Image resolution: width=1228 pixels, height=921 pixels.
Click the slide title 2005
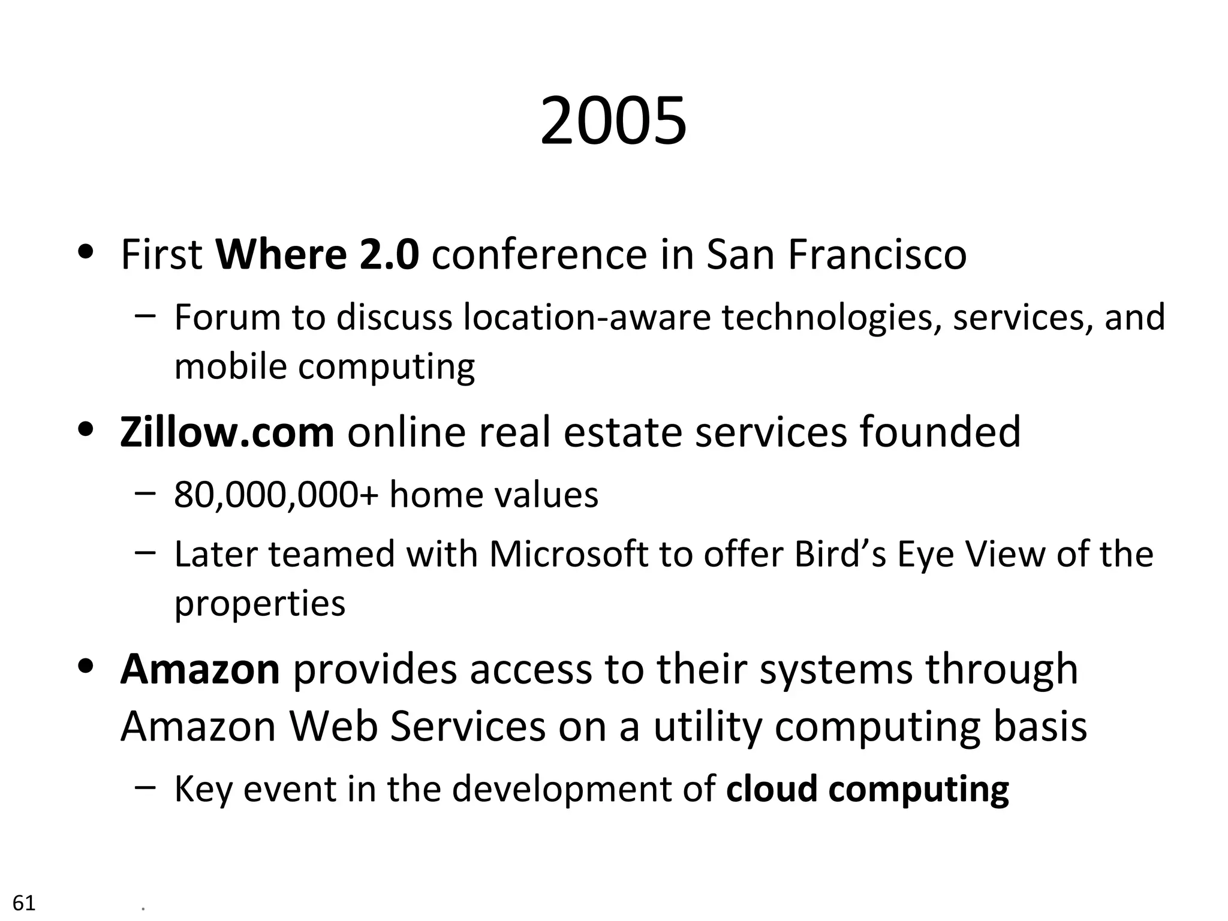click(613, 122)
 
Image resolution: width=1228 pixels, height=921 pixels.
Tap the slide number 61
click(24, 902)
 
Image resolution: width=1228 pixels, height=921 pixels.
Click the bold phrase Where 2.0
click(317, 254)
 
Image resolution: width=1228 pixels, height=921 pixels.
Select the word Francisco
click(877, 254)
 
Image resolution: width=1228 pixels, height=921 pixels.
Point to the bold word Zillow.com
click(227, 432)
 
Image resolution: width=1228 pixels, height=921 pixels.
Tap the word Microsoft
click(568, 553)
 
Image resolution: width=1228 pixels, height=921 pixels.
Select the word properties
click(260, 603)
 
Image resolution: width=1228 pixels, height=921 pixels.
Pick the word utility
click(707, 726)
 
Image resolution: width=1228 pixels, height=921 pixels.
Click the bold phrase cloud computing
click(867, 788)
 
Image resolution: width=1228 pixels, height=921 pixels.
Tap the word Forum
click(227, 317)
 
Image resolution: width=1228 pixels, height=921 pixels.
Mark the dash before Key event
click(145, 787)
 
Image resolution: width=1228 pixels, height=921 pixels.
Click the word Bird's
click(839, 553)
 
